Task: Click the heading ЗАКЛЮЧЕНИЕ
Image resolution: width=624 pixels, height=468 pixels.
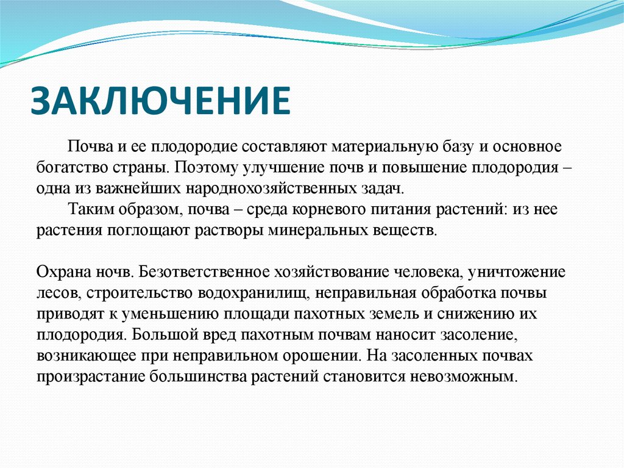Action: [x=160, y=101]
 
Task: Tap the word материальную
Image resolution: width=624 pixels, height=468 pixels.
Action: [x=384, y=147]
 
